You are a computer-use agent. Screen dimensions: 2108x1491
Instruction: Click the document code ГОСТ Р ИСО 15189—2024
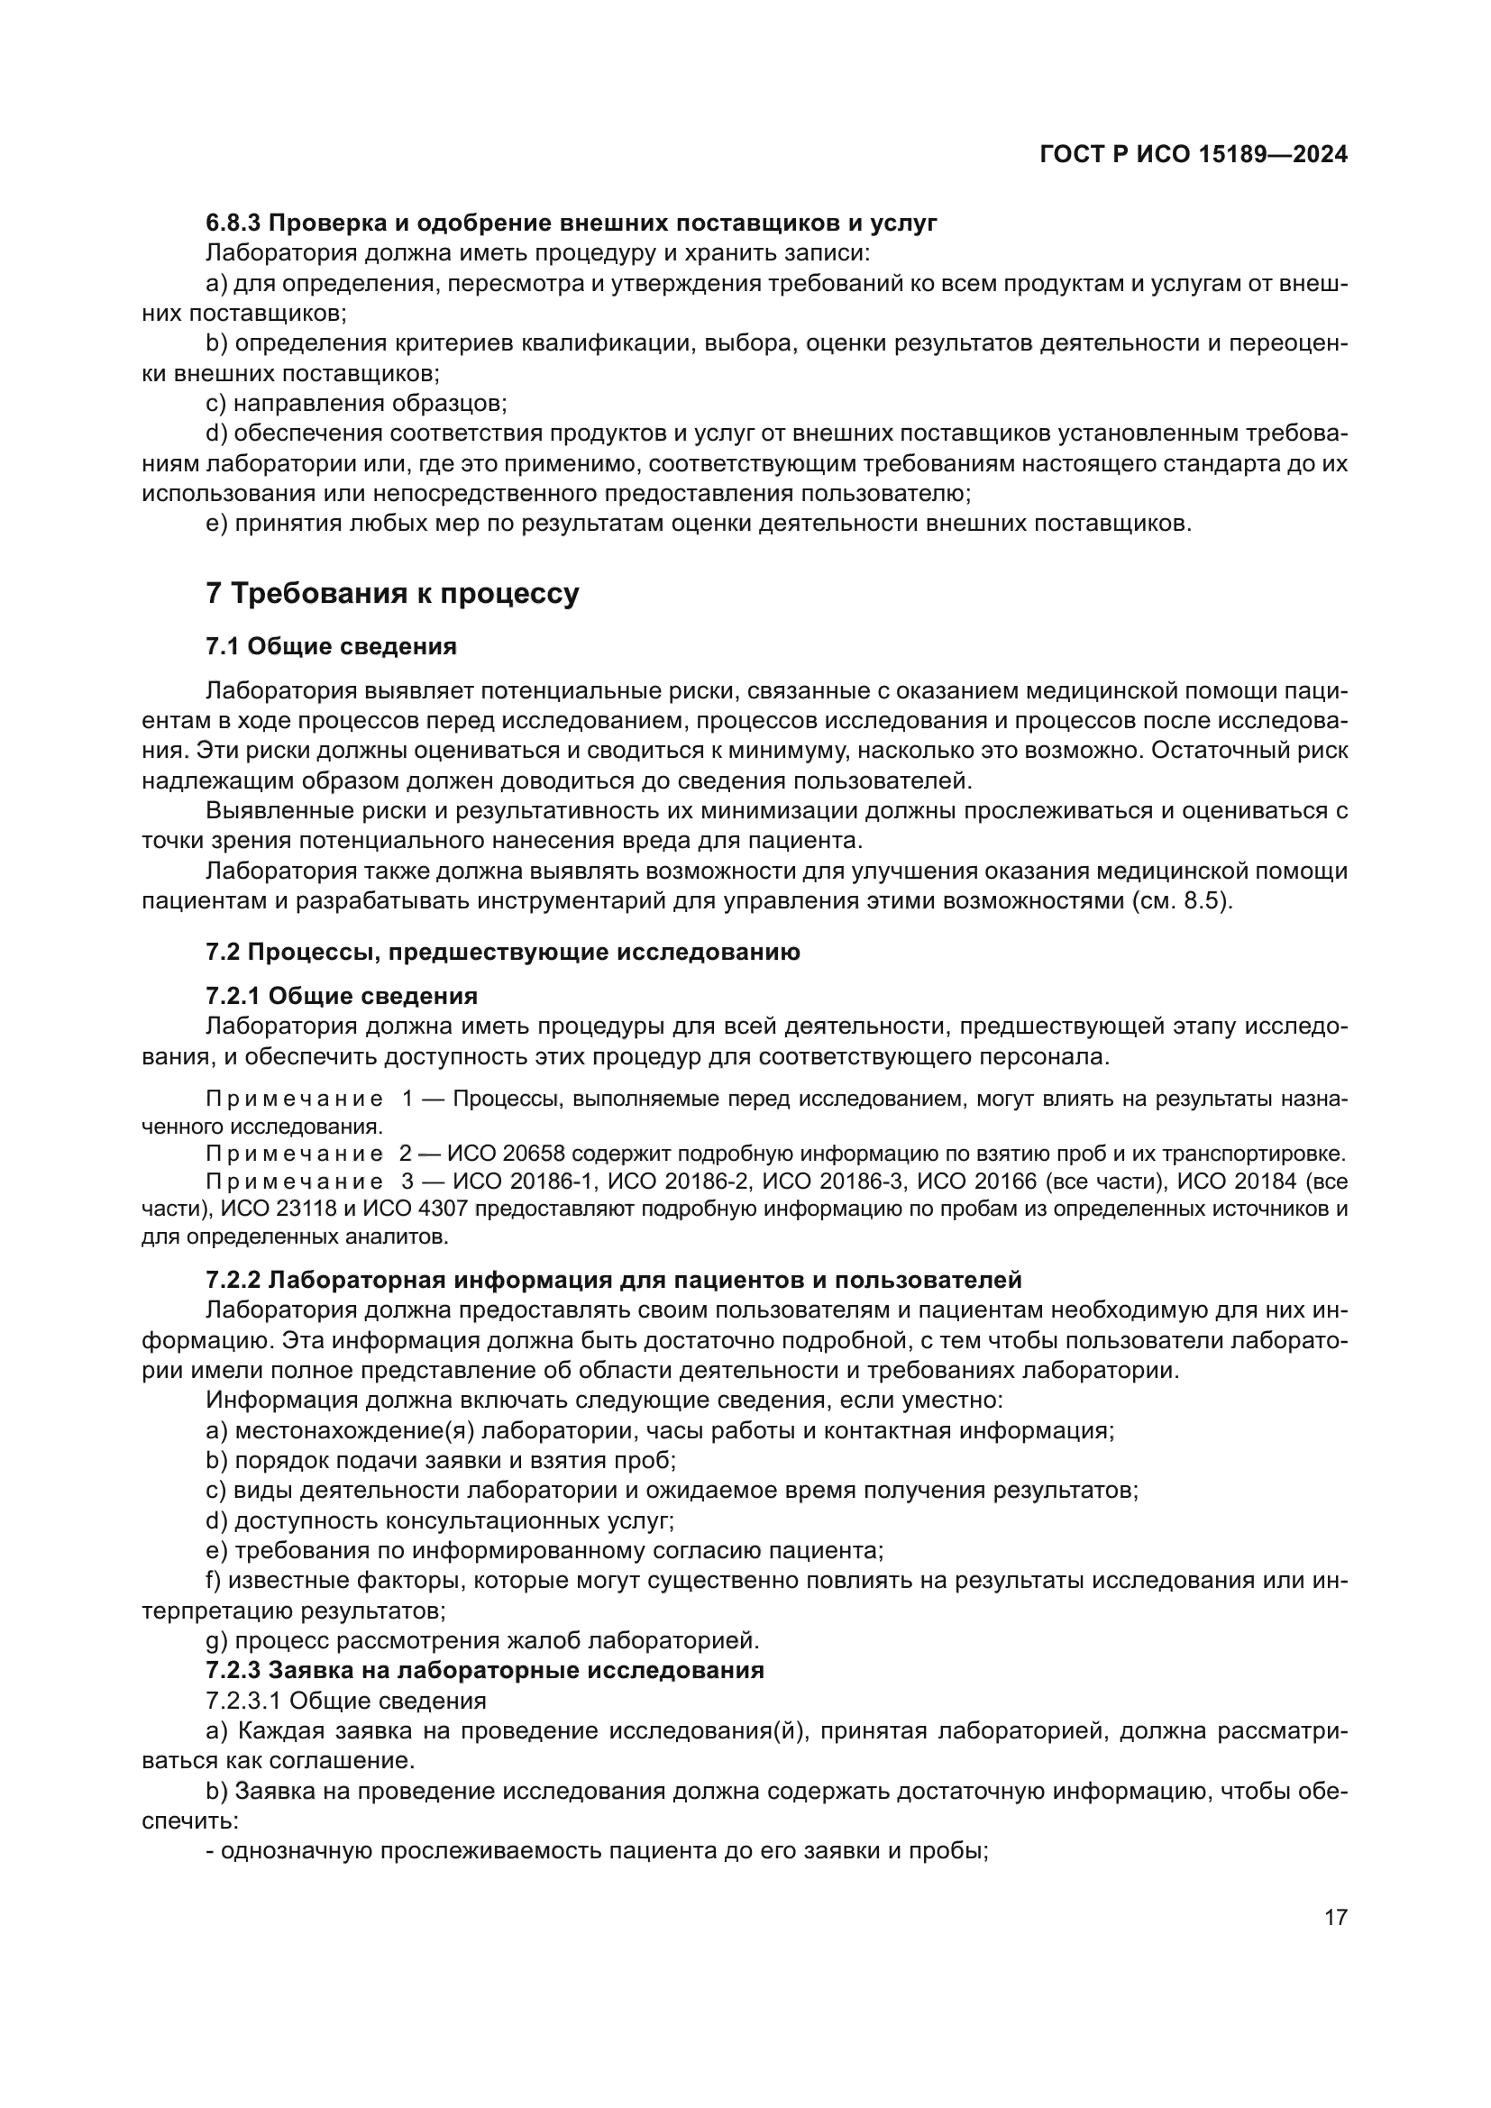(1194, 155)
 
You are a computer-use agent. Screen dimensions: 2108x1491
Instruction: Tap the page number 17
(1336, 1918)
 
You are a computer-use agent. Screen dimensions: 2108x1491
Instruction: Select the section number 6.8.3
(234, 224)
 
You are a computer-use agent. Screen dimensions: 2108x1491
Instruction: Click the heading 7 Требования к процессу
(392, 594)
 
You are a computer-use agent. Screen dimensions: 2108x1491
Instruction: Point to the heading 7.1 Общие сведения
(332, 646)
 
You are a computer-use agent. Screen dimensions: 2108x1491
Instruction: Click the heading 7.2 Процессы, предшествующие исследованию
(502, 952)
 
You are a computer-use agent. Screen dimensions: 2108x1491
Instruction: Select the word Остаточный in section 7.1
(1221, 750)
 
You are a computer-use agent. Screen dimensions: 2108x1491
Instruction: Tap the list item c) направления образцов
(356, 403)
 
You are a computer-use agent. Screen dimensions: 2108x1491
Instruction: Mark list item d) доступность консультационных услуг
(440, 1521)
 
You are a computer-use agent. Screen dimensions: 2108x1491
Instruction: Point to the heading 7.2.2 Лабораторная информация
(613, 1280)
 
